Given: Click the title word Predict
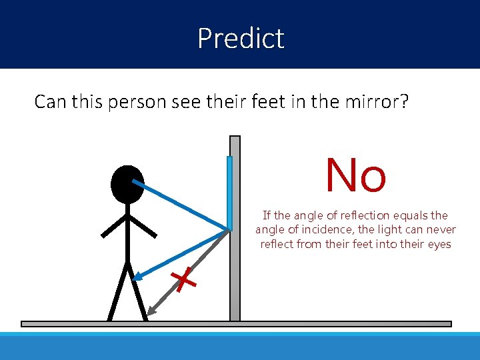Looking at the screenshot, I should tap(241, 38).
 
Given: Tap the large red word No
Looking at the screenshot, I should tap(355, 175).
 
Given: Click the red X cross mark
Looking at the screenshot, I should tap(184, 281).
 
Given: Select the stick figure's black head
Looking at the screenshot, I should tap(127, 184).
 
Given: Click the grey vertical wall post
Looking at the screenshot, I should tap(235, 280).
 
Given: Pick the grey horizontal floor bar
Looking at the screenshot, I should tap(236, 324).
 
